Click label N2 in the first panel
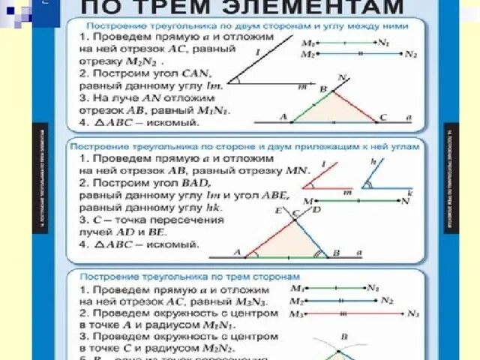pos(409,55)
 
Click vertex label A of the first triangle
pos(283,118)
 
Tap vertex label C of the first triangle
pos(383,118)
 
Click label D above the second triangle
pos(316,210)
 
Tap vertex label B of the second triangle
pos(336,253)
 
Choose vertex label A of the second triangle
pos(238,253)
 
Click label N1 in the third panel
pos(374,287)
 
